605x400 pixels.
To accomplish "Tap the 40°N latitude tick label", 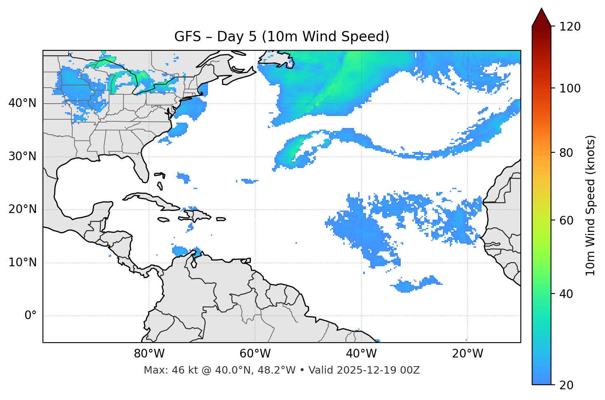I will (22, 103).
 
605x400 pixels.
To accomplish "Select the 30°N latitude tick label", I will (22, 156).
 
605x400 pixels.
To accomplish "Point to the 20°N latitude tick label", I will (22, 209).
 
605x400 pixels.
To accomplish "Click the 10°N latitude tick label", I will (22, 263).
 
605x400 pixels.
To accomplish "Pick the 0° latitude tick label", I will (30, 316).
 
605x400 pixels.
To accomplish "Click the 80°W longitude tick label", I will (149, 354).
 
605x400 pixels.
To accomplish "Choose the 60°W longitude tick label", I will (255, 354).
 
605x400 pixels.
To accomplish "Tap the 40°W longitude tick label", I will (361, 354).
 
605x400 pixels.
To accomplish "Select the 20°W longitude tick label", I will (467, 354).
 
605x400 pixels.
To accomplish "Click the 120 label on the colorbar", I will (570, 26).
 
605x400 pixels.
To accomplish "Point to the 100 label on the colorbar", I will (570, 88).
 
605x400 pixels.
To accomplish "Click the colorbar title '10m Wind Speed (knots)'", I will (591, 205).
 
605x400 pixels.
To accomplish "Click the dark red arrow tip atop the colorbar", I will (541, 17).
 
